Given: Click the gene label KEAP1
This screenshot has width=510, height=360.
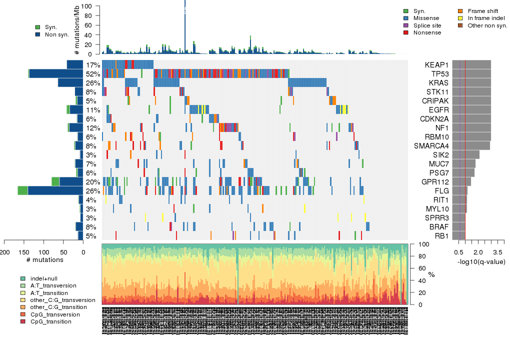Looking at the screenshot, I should [x=436, y=65].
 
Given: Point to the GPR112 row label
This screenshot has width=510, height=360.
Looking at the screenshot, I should [x=435, y=182].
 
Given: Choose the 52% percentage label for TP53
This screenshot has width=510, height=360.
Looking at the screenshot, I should [x=92, y=74].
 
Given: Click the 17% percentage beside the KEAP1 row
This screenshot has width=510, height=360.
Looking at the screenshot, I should [x=92, y=65].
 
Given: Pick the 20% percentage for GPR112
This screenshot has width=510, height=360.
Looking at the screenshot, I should [x=92, y=182].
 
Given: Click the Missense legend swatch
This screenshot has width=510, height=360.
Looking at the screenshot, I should [x=406, y=18].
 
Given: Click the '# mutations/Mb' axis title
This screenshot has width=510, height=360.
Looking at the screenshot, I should [x=76, y=30].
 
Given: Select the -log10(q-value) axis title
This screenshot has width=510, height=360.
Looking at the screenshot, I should [x=481, y=261].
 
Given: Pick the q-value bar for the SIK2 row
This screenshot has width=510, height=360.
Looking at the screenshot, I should [x=466, y=155].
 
